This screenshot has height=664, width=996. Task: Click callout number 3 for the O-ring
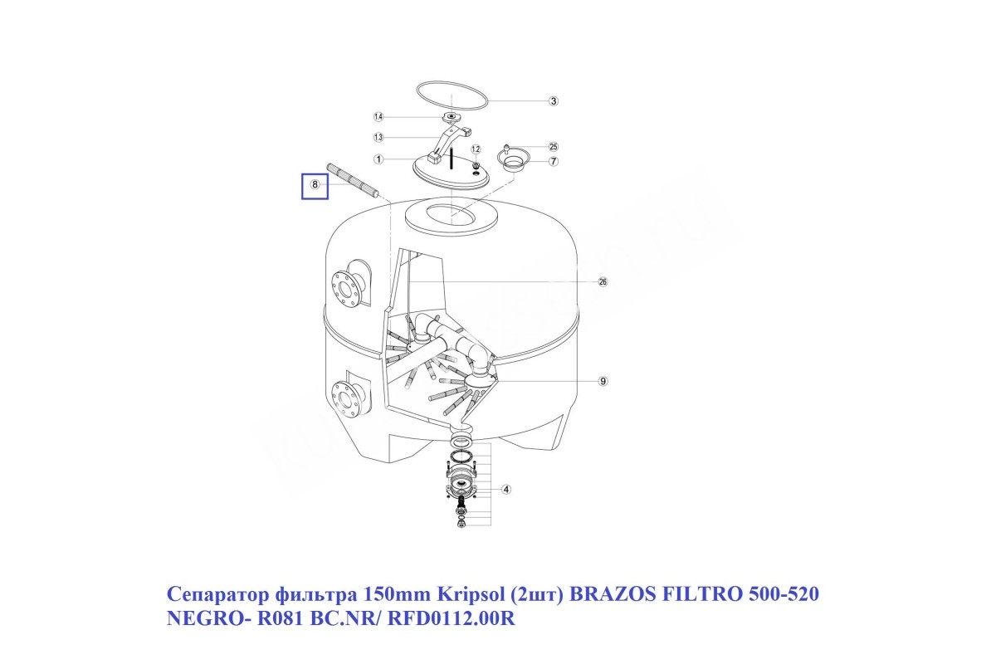[554, 101]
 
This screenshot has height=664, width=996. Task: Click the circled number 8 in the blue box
[315, 185]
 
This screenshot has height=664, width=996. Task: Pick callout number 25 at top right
[554, 146]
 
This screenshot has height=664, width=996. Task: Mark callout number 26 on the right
[603, 282]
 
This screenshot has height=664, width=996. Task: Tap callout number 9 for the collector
[603, 381]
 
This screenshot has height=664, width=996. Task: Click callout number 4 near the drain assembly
[506, 490]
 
